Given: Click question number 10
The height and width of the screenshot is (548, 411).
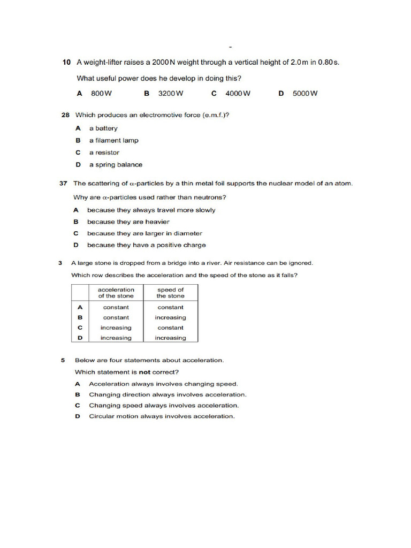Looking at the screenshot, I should pos(66,63).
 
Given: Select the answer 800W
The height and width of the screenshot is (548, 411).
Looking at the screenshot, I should pos(101,93).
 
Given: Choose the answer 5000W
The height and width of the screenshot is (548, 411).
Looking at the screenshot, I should pos(305,93).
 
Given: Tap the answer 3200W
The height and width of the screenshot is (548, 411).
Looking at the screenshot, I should pos(171,93).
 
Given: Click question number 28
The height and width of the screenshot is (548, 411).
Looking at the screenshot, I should pos(66,115).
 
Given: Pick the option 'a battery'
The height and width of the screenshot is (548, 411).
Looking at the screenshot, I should pos(103,128).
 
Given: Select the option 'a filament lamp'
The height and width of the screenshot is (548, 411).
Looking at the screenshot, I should pos(113,141).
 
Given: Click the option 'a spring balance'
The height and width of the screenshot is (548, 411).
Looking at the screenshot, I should pos(116,165).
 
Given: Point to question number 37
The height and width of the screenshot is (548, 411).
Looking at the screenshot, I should pos(63,184).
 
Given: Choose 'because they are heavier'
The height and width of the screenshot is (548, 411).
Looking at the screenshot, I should pos(128,222).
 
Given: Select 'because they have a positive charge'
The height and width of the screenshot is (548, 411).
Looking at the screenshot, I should pos(146,245).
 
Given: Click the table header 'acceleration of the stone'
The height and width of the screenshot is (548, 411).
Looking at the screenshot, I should pos(116,293).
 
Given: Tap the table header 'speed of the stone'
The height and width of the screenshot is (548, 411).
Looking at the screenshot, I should pos(170,293).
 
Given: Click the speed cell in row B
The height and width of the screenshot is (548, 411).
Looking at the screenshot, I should pos(170,317).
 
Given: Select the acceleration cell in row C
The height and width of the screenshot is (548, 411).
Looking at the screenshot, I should pos(116,328).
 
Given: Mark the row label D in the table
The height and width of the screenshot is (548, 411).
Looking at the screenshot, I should pos(80,338).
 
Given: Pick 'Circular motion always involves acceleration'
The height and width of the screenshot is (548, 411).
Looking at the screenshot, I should pos(162,416).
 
